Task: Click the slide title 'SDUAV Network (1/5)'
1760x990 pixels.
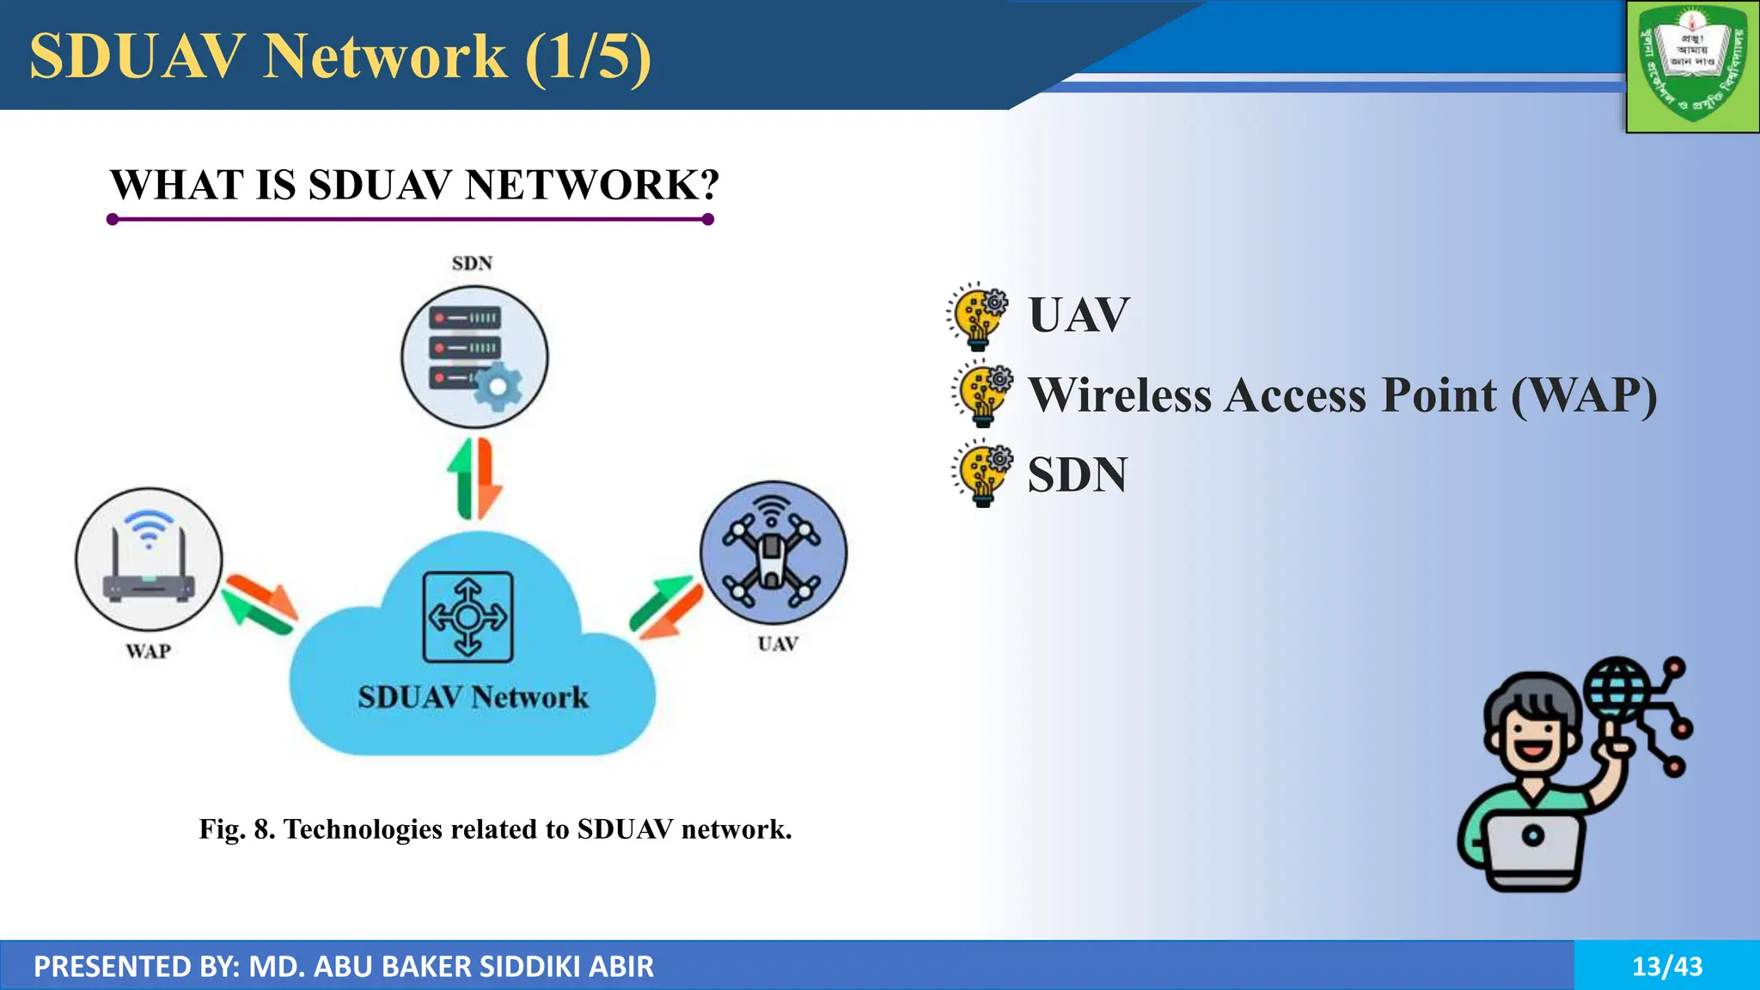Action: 340,57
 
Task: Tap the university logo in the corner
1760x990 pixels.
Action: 1691,65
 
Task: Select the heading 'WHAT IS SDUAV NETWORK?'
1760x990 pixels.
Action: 414,185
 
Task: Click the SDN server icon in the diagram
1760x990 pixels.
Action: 474,357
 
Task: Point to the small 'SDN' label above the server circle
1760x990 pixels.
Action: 472,263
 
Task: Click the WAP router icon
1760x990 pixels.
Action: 149,559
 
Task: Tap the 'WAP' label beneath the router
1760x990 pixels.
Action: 148,651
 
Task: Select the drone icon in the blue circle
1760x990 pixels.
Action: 773,553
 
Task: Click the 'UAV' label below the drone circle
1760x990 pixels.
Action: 778,644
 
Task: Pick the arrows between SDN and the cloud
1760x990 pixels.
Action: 474,480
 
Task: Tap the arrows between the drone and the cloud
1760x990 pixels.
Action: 666,607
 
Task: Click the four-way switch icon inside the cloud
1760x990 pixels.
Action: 468,617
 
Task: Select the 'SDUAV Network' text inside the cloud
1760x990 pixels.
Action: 474,697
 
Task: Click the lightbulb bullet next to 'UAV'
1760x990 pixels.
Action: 978,315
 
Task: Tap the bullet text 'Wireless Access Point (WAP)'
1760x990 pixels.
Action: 1342,395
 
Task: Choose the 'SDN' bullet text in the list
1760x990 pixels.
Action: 1078,475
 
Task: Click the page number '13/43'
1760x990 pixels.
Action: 1667,966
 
